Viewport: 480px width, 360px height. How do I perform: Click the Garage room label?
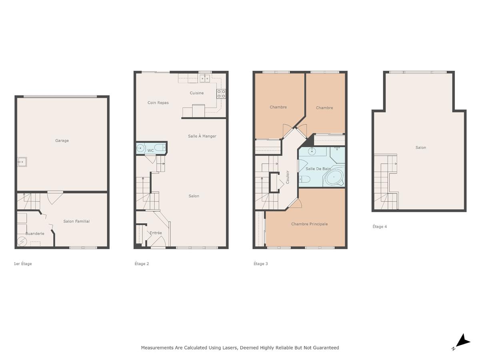(x=62, y=140)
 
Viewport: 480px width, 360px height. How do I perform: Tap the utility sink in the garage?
(x=21, y=162)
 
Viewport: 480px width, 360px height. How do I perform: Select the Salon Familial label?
(x=76, y=221)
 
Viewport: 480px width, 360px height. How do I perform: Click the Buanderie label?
(x=35, y=234)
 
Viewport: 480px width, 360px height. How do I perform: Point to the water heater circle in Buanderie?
(x=21, y=242)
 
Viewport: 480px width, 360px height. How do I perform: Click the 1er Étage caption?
(x=23, y=264)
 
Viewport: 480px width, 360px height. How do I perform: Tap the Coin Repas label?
(x=158, y=103)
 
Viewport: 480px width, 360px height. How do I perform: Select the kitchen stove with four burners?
(x=221, y=94)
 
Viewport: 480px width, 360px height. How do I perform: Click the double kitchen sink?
(x=205, y=79)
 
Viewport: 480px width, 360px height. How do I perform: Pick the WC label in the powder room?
(x=151, y=151)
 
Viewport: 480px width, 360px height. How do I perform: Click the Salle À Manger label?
(x=202, y=136)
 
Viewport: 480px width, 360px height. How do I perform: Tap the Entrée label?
(x=156, y=233)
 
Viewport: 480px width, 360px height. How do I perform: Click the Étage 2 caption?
(x=142, y=264)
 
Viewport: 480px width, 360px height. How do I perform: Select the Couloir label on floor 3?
(x=287, y=177)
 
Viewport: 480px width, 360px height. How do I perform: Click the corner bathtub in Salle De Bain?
(x=334, y=176)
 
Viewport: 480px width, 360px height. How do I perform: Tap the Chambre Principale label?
(x=309, y=224)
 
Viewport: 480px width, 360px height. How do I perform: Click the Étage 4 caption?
(x=380, y=226)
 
